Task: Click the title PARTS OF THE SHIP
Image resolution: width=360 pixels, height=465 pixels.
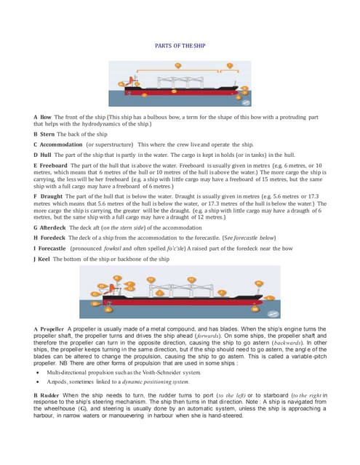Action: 180,46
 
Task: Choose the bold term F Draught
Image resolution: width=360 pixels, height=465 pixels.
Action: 50,196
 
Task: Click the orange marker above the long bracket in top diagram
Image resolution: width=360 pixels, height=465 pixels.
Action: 231,65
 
